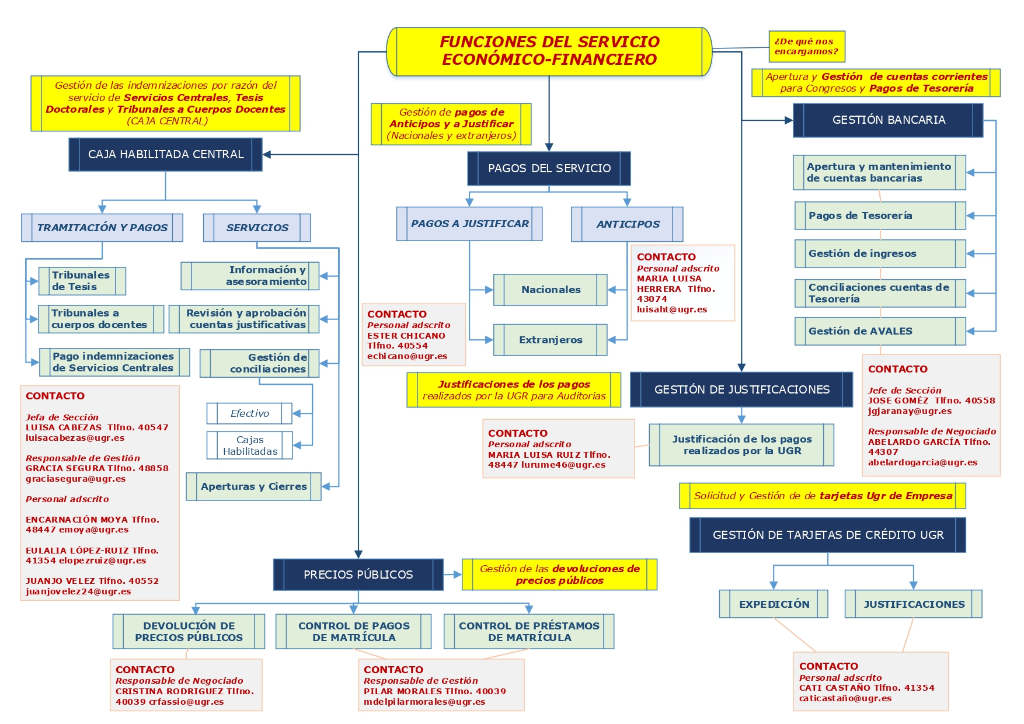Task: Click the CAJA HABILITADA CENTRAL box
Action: [x=166, y=155]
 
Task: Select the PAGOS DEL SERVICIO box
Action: [x=549, y=169]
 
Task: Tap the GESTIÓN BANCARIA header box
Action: [x=888, y=120]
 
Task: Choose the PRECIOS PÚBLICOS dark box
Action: [x=358, y=575]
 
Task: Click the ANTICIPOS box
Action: [x=628, y=224]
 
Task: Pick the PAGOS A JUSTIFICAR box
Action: [x=469, y=224]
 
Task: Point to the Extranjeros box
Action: [x=551, y=340]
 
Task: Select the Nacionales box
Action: [x=551, y=290]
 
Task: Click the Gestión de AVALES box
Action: [x=880, y=331]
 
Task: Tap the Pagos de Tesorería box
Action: [x=880, y=215]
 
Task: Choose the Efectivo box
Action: [x=249, y=413]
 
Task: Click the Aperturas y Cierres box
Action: [x=253, y=486]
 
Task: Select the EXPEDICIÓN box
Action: [x=774, y=604]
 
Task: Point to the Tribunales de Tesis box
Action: [x=82, y=281]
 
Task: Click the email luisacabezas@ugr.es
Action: [x=75, y=438]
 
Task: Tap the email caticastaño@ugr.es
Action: [x=845, y=698]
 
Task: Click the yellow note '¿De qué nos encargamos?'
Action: [x=806, y=47]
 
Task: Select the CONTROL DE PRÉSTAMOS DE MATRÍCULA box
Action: [x=529, y=632]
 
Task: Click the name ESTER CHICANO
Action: [x=406, y=336]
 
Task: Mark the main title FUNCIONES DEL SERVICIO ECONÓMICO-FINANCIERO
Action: [x=549, y=51]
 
